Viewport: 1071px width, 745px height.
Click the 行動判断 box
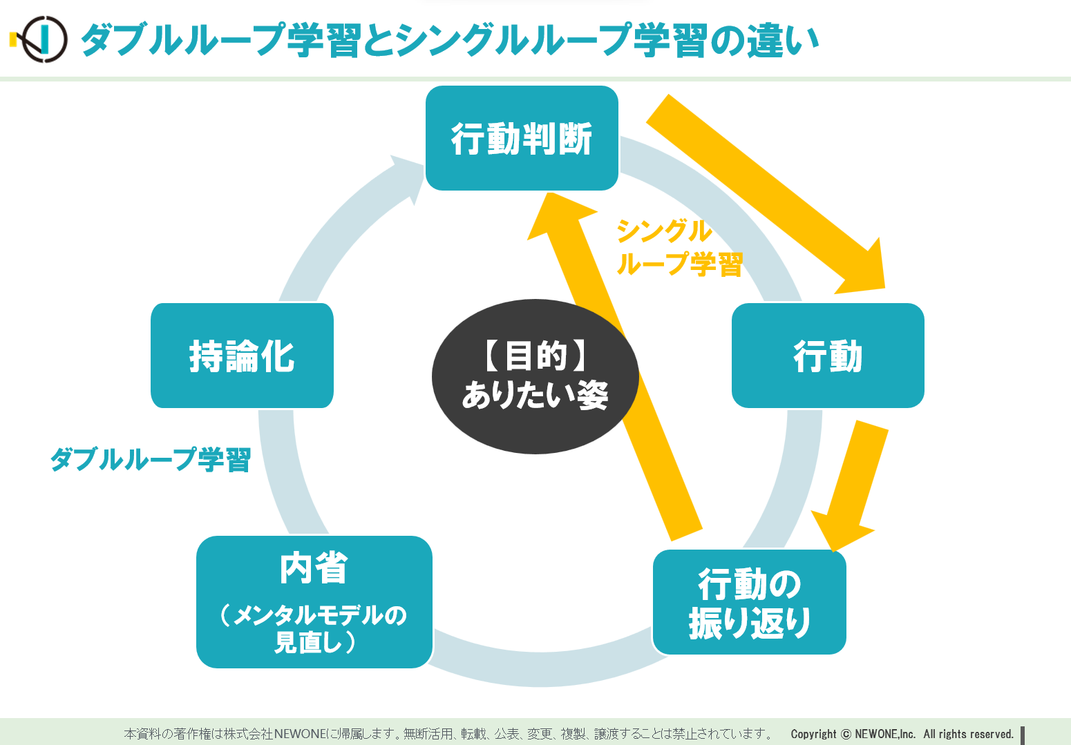[522, 138]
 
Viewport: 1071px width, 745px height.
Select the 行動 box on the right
[828, 356]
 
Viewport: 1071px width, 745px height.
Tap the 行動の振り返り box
[749, 602]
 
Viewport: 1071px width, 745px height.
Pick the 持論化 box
[242, 356]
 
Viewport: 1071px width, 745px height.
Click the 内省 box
[314, 602]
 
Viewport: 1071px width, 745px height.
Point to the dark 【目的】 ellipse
[535, 376]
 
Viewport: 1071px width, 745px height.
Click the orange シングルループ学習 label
[679, 248]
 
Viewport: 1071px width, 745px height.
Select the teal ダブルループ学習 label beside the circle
[151, 459]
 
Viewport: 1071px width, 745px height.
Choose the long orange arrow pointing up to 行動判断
[614, 365]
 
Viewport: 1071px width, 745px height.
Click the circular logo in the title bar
[42, 39]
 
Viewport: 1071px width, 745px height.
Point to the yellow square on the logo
[13, 39]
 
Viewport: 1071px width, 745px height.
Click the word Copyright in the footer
[813, 734]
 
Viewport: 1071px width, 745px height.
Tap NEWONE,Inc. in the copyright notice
[885, 734]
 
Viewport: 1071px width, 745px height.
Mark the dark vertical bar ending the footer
[1023, 735]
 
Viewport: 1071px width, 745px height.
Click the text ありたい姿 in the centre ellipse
[535, 395]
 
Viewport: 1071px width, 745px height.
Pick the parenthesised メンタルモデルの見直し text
[314, 628]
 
